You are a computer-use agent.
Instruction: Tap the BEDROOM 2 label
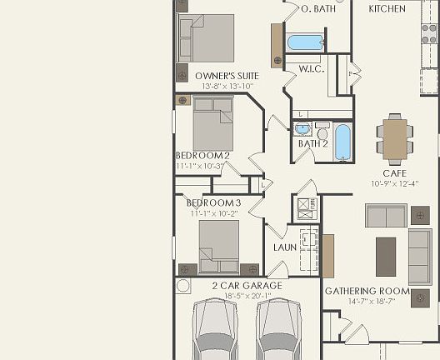point(202,156)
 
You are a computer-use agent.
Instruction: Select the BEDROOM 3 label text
point(213,203)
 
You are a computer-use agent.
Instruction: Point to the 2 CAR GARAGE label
point(247,286)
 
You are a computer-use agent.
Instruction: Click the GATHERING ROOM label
point(367,291)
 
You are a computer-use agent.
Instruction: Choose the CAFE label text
point(394,172)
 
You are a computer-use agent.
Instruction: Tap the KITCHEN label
point(387,9)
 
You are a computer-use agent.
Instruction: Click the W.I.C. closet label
point(311,68)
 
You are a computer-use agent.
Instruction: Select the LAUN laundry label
point(285,247)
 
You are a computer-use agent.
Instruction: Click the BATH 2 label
point(313,144)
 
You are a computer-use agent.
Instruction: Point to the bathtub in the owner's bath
point(305,42)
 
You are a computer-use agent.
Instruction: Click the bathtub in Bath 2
point(342,142)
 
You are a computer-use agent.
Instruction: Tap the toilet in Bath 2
point(322,130)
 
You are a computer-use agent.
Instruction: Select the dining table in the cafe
point(395,137)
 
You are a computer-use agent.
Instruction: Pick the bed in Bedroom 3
point(219,246)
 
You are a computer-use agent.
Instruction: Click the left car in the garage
point(215,330)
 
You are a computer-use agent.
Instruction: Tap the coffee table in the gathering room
point(386,257)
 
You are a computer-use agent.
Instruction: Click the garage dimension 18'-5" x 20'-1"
point(247,296)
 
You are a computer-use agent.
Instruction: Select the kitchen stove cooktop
point(429,33)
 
